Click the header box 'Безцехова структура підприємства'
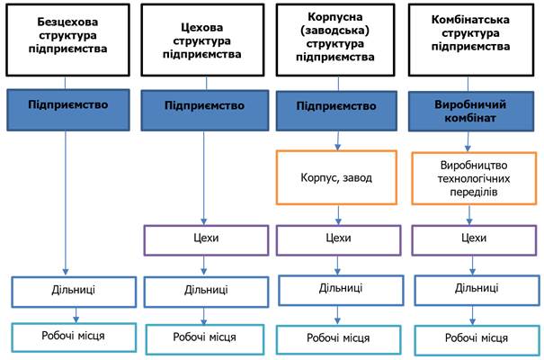67,40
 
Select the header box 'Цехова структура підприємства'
202,40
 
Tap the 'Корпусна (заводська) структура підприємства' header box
335,40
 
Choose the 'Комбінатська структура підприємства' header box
471,40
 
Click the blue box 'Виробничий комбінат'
471,111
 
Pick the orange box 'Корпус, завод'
336,177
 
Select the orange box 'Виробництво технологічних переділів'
474,178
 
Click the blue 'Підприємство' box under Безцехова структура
68,110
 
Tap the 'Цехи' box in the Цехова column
206,240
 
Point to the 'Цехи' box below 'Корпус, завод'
338,240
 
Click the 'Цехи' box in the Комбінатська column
474,240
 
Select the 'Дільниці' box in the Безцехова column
74,292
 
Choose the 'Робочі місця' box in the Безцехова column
74,337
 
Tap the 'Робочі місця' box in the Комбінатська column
477,340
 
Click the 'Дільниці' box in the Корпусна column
341,290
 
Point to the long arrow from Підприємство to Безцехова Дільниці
66,203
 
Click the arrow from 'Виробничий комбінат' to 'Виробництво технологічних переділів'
468,141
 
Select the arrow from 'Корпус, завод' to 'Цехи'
338,215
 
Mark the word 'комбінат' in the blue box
470,118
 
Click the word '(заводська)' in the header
334,31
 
